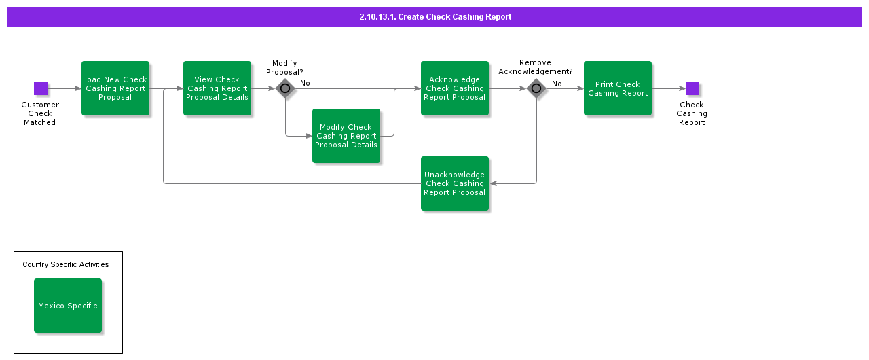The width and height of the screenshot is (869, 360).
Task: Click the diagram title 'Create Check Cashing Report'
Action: pyautogui.click(x=435, y=17)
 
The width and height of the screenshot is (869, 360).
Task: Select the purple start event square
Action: pyautogui.click(x=41, y=88)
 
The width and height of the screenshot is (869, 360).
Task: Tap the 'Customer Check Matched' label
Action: pyautogui.click(x=40, y=113)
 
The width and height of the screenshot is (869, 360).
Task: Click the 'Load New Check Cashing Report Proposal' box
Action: pyautogui.click(x=115, y=88)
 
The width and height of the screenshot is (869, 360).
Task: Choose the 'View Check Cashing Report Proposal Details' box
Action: pyautogui.click(x=217, y=88)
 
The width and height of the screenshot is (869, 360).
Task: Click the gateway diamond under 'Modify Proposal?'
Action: pyautogui.click(x=285, y=88)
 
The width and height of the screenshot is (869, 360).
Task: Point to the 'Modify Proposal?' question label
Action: pyautogui.click(x=284, y=67)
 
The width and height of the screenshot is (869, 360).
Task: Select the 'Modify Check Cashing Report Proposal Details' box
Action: pyautogui.click(x=346, y=136)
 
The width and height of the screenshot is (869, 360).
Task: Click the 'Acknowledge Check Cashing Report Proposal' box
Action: pyautogui.click(x=455, y=88)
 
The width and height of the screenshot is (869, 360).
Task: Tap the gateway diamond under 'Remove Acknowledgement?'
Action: pyautogui.click(x=536, y=88)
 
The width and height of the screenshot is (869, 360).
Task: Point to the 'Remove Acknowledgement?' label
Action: pyautogui.click(x=535, y=67)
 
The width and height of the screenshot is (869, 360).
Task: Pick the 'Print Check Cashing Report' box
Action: pyautogui.click(x=618, y=88)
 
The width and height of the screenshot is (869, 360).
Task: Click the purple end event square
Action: pyautogui.click(x=692, y=88)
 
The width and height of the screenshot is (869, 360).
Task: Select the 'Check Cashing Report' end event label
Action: pyautogui.click(x=692, y=113)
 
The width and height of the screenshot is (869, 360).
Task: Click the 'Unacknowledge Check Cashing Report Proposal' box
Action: pyautogui.click(x=455, y=183)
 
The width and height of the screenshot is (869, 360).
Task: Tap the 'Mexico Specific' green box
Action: pyautogui.click(x=68, y=306)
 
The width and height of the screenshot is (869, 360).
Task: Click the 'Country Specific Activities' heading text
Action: pyautogui.click(x=66, y=264)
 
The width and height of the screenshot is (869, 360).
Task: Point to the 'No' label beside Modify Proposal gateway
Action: pyautogui.click(x=305, y=83)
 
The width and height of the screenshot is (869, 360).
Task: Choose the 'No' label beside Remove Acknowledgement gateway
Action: pyautogui.click(x=557, y=84)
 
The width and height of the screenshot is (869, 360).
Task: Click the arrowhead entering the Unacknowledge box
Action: pyautogui.click(x=493, y=183)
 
